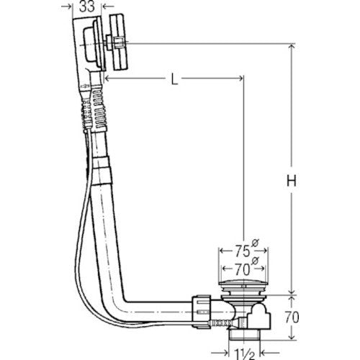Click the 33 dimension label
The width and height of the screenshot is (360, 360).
point(87,7)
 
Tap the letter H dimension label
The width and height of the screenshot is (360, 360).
point(292,181)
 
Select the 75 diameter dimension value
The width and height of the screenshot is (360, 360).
point(242,251)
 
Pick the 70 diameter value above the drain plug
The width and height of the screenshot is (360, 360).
point(242,269)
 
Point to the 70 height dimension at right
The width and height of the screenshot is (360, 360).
point(292,318)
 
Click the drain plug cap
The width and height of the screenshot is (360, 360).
point(243,283)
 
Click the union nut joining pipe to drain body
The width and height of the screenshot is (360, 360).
point(201,312)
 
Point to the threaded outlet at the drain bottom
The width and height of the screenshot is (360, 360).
point(244,334)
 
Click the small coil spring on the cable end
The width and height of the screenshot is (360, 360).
point(220,323)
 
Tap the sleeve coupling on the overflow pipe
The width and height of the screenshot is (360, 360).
point(102,171)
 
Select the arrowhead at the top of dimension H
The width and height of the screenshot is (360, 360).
point(292,47)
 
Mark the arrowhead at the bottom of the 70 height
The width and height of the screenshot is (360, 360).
point(292,336)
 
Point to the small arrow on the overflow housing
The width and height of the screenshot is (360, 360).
point(84,86)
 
